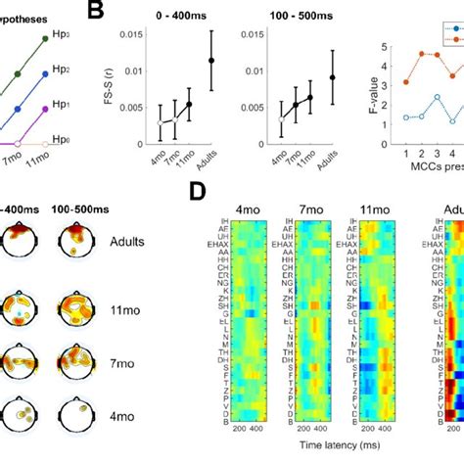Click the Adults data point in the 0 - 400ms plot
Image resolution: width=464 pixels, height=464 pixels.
tap(210, 61)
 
